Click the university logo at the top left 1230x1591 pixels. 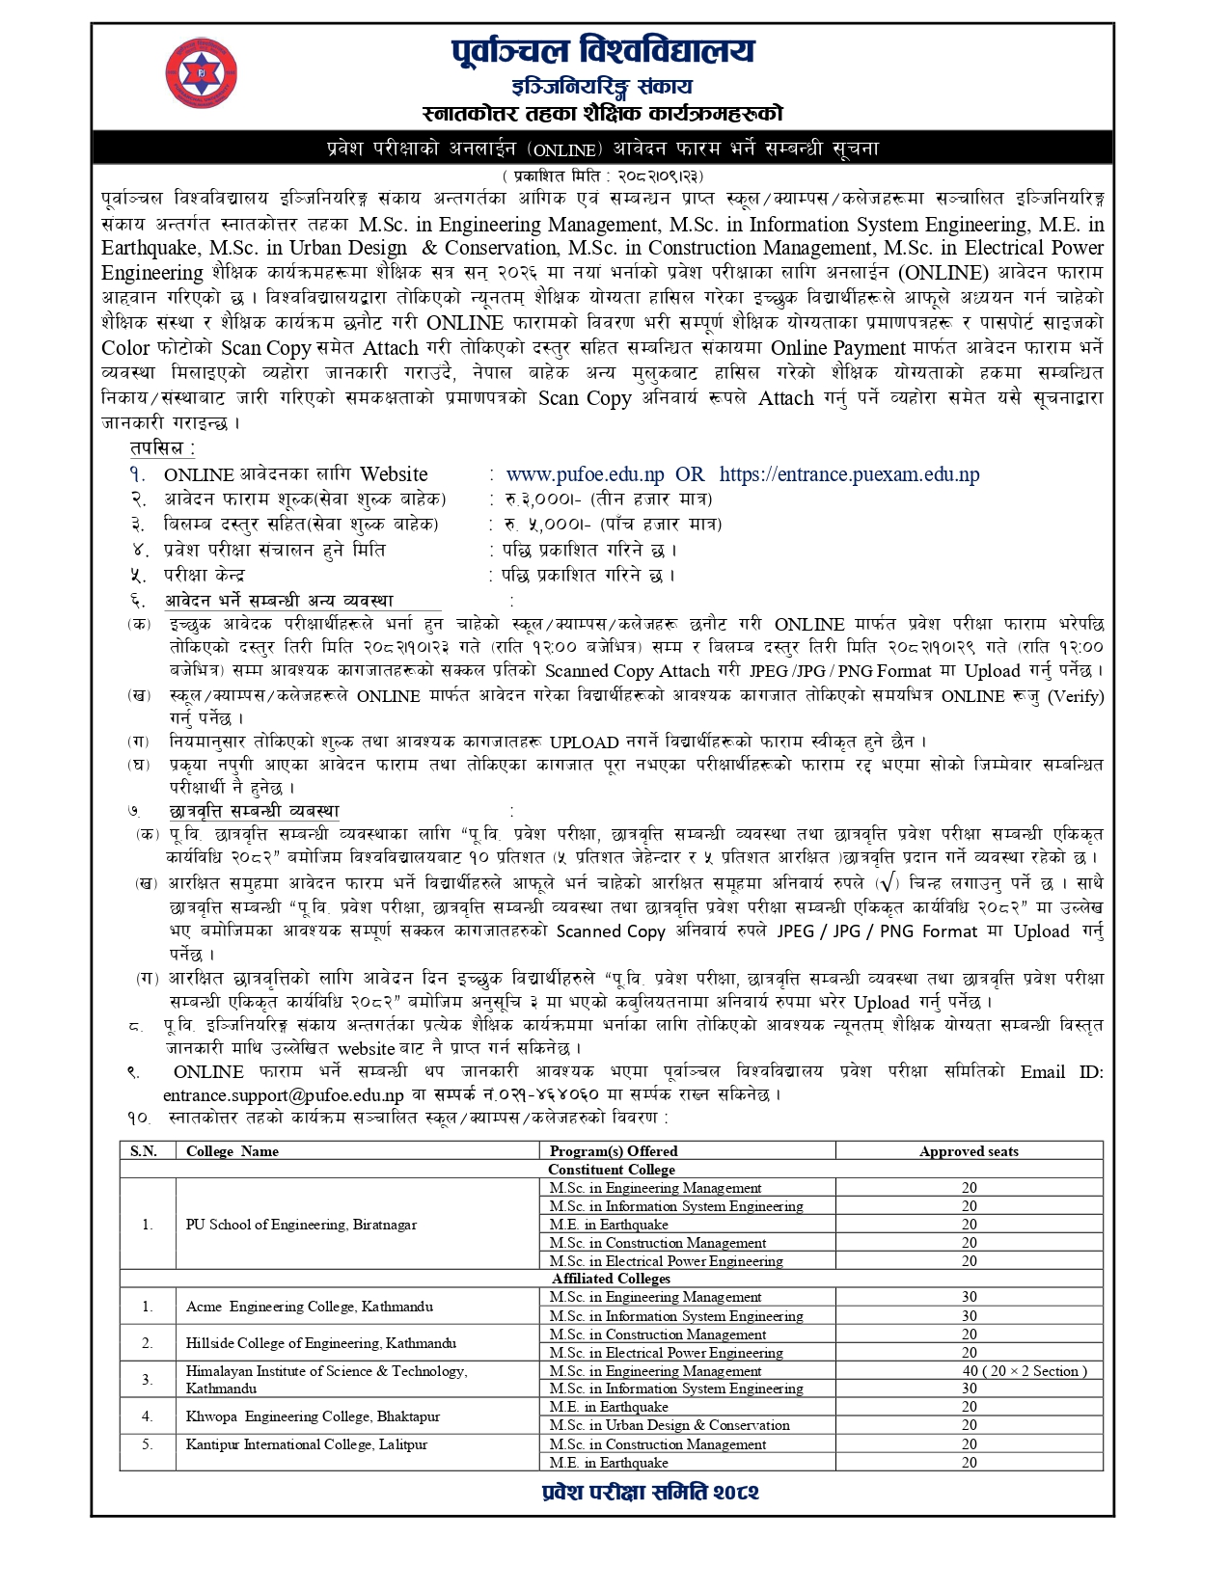pyautogui.click(x=201, y=72)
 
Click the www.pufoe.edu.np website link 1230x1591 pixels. pyautogui.click(x=585, y=474)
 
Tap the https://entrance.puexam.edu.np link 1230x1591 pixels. pyautogui.click(x=849, y=474)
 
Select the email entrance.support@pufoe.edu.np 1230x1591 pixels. pyautogui.click(x=283, y=1095)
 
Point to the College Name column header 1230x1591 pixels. pyautogui.click(x=232, y=1151)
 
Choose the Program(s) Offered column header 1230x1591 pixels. pyautogui.click(x=614, y=1151)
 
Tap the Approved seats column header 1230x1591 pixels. pyautogui.click(x=969, y=1151)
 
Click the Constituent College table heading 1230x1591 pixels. pyautogui.click(x=612, y=1170)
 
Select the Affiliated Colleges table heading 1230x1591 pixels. pyautogui.click(x=612, y=1279)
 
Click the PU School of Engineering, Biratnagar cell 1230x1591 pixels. pyautogui.click(x=301, y=1225)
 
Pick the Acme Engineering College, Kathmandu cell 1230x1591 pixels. pyautogui.click(x=310, y=1307)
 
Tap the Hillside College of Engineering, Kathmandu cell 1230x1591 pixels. pyautogui.click(x=321, y=1343)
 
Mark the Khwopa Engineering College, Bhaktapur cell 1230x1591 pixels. pyautogui.click(x=313, y=1416)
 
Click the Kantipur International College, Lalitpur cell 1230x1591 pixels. pyautogui.click(x=307, y=1444)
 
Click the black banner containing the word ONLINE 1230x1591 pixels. pyautogui.click(x=603, y=148)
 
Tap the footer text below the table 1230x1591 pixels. pyautogui.click(x=650, y=1492)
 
